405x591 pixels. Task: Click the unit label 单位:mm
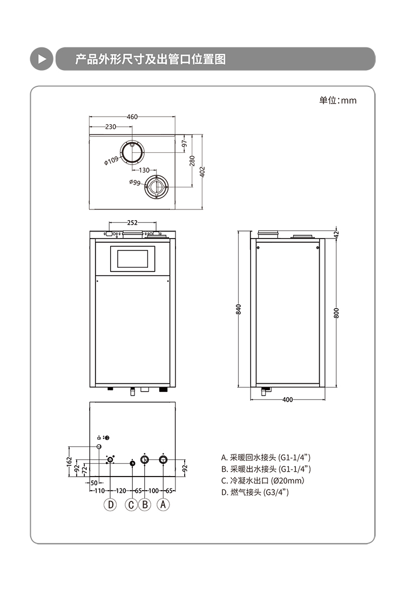pos(338,100)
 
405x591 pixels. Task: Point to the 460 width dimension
pos(132,117)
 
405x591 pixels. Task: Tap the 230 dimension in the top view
pos(111,127)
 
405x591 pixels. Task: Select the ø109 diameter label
pos(111,160)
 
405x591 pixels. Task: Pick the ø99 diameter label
pos(135,182)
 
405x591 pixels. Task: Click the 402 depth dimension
pos(202,171)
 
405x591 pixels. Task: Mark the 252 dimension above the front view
pos(132,222)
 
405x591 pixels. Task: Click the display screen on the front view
pos(132,257)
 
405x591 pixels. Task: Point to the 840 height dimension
pos(239,309)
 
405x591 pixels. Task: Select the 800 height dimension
pos(336,313)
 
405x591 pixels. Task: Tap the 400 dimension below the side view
pos(287,400)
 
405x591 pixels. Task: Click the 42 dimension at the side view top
pos(336,234)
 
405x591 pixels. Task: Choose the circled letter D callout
pos(110,505)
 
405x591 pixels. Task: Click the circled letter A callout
pos(164,505)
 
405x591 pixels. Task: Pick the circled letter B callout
pos(145,505)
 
